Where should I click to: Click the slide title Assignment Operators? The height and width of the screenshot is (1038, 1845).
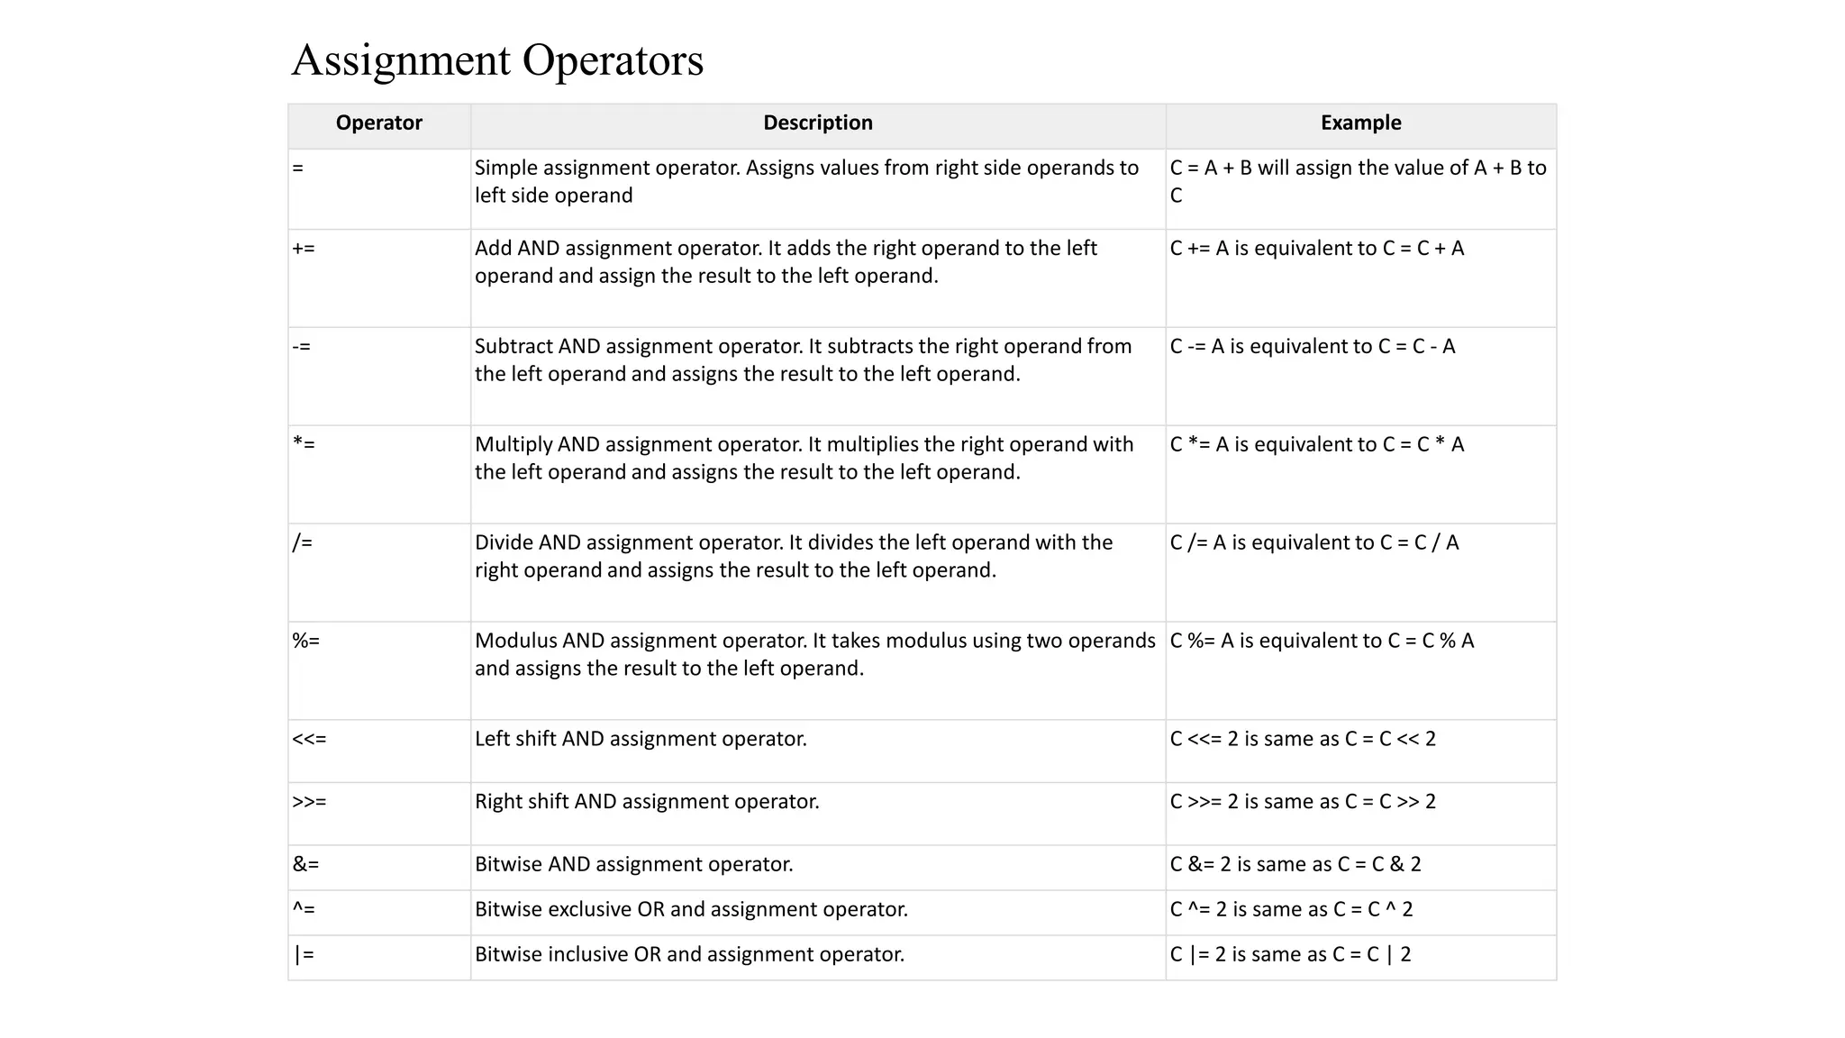(497, 60)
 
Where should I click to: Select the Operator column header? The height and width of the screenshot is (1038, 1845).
(378, 123)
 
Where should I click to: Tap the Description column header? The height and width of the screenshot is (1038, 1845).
(817, 123)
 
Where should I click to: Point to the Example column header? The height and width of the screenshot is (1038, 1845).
(1360, 123)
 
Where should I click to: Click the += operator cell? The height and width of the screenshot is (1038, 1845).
(304, 249)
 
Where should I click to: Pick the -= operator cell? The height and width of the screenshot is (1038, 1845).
(301, 347)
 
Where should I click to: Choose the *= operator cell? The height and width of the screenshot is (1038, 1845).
(304, 445)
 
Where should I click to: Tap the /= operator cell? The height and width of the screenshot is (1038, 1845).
(303, 543)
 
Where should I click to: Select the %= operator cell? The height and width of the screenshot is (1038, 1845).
(305, 642)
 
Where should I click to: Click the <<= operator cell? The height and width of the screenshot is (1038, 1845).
(309, 740)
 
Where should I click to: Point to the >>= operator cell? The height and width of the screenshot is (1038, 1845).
(309, 802)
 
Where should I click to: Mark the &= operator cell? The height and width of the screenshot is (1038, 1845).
(305, 865)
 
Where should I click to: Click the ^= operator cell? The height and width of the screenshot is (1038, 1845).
(304, 910)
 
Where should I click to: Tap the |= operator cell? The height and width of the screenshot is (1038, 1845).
(304, 955)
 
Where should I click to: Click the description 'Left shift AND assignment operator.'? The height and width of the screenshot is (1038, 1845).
(641, 740)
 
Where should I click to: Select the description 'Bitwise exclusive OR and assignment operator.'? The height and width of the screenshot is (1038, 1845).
(691, 910)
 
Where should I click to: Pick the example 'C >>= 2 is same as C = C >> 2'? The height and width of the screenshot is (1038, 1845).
(1303, 802)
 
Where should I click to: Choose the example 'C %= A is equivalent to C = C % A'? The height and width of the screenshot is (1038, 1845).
(1322, 642)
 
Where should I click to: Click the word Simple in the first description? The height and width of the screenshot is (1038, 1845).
(505, 168)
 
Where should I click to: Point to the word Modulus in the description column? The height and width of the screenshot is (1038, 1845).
(515, 642)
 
